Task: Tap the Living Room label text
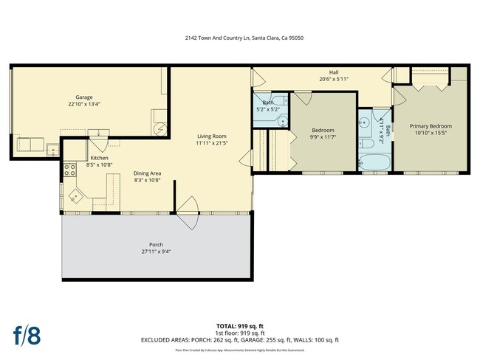pos(210,136)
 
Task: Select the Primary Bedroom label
pos(431,126)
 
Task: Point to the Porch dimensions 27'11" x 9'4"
pos(156,252)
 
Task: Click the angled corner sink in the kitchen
pos(76,195)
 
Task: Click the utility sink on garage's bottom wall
pos(52,150)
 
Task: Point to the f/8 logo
pos(27,334)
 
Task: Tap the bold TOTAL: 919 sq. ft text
pos(240,325)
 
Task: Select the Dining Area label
pos(148,173)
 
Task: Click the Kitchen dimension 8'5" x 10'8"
pos(100,165)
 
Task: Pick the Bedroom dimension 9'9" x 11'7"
pos(323,137)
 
